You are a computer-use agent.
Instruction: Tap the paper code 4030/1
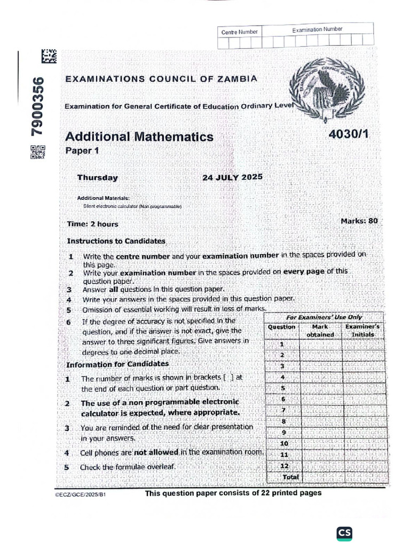click(x=350, y=136)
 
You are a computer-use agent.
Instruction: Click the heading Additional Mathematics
click(x=139, y=137)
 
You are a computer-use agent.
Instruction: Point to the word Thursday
click(x=97, y=178)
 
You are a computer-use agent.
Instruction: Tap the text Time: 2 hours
click(x=93, y=224)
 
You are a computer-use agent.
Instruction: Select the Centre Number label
click(x=239, y=32)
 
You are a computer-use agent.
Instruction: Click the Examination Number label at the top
click(x=317, y=29)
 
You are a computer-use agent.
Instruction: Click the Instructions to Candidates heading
click(x=116, y=241)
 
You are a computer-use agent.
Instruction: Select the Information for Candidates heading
click(x=117, y=364)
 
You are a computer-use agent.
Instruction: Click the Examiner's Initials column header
click(x=362, y=330)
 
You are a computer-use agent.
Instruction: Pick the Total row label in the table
click(x=290, y=476)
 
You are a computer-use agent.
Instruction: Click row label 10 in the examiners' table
click(x=284, y=443)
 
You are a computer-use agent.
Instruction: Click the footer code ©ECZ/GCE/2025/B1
click(x=84, y=496)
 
